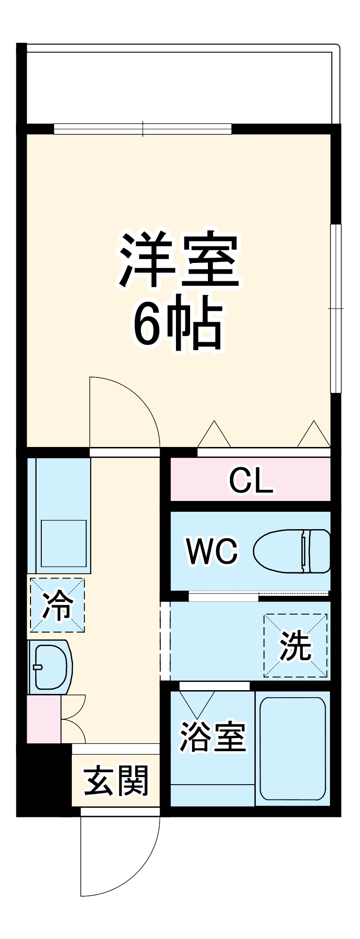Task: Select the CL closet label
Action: point(251,479)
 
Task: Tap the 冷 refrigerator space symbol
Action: point(57,605)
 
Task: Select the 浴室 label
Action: point(213,737)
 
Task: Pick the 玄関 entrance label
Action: point(116,781)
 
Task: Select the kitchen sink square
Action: point(63,543)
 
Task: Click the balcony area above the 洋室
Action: point(178,85)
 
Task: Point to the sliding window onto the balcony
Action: point(143,129)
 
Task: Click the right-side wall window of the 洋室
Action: point(336,308)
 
